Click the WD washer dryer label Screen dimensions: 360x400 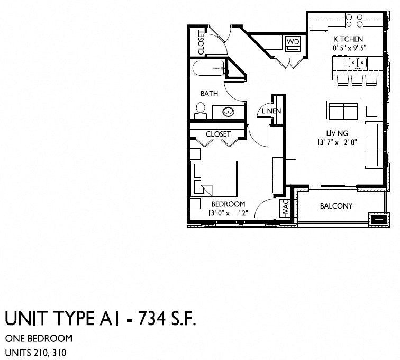[x=293, y=41]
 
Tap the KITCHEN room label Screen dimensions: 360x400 [x=348, y=39]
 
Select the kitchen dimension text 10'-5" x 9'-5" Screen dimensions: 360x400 [x=348, y=48]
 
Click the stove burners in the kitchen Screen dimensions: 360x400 [x=354, y=21]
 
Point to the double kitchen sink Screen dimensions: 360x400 [x=358, y=64]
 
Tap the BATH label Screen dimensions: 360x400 [x=209, y=94]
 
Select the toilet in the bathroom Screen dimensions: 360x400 [x=201, y=110]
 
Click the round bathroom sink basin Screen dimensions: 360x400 [x=229, y=112]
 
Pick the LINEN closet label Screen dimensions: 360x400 [x=271, y=111]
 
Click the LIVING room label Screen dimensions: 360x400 [x=337, y=133]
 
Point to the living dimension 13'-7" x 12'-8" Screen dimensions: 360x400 [x=337, y=142]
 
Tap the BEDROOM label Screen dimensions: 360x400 [x=228, y=204]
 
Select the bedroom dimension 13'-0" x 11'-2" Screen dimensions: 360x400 [x=228, y=213]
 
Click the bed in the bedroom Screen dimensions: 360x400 [x=214, y=178]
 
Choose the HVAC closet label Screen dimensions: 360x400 [x=285, y=209]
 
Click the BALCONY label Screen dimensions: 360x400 [x=336, y=206]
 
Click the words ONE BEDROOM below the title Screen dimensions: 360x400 [x=39, y=339]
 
